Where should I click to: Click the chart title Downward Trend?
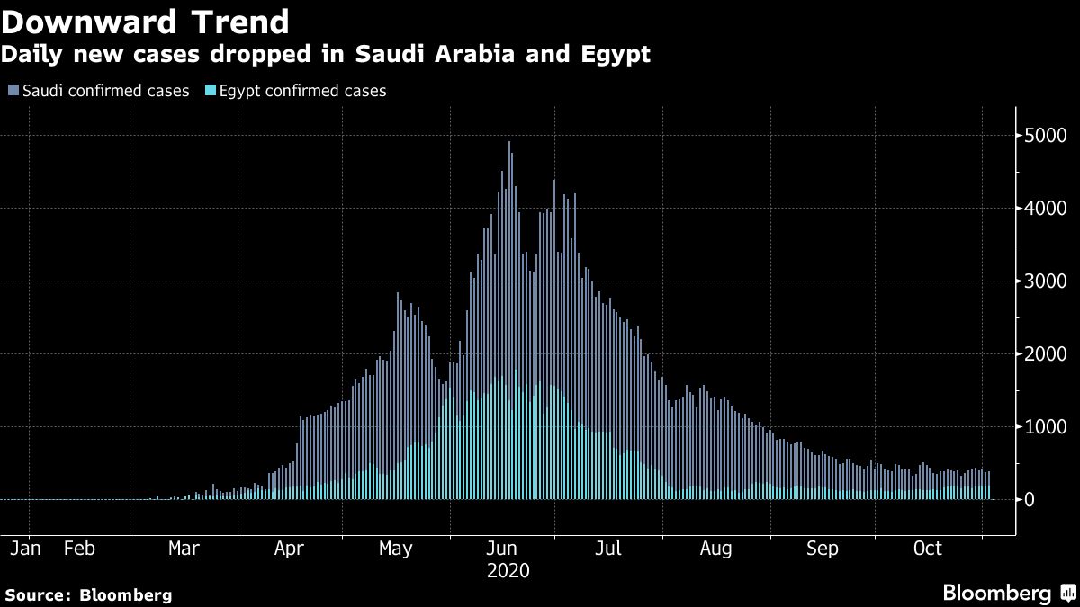145,22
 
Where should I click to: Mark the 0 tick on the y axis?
1030,500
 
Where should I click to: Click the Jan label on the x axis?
29,549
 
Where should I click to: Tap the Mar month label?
184,549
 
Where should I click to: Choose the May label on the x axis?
396,549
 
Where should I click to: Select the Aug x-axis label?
715,549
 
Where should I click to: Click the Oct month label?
927,549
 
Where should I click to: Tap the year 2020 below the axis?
508,571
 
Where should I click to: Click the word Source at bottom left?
37,595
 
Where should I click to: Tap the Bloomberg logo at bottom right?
1008,593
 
